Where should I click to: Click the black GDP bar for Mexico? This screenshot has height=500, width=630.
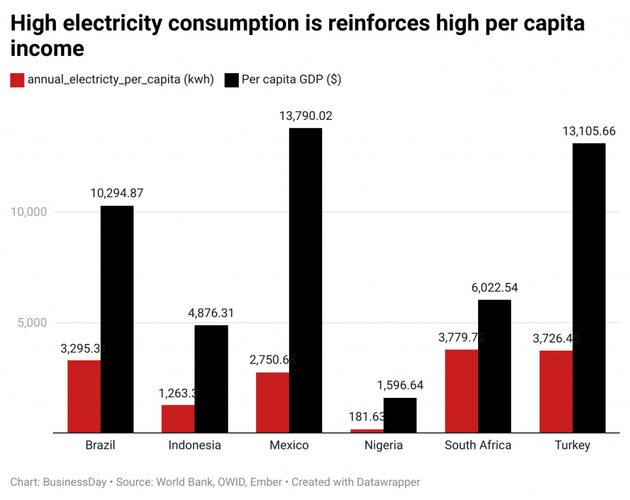pyautogui.click(x=305, y=280)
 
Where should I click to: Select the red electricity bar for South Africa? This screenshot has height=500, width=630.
pyautogui.click(x=461, y=391)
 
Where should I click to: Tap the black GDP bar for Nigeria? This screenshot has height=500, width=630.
pyautogui.click(x=400, y=415)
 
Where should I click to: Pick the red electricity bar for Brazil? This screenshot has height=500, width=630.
pyautogui.click(x=84, y=396)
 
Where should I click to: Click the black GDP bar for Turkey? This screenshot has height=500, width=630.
pyautogui.click(x=589, y=288)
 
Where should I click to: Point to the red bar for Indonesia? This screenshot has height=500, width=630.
pyautogui.click(x=178, y=418)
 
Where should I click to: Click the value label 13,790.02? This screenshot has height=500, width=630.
pyautogui.click(x=306, y=116)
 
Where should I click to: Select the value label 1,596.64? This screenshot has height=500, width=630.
pyautogui.click(x=400, y=386)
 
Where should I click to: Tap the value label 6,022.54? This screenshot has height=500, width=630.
pyautogui.click(x=494, y=288)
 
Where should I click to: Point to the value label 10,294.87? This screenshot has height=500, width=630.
pyautogui.click(x=117, y=193)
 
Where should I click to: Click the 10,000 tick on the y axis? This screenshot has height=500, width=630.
pyautogui.click(x=29, y=212)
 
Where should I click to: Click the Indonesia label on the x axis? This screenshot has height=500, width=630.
pyautogui.click(x=194, y=445)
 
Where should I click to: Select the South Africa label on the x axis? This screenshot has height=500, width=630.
pyautogui.click(x=478, y=445)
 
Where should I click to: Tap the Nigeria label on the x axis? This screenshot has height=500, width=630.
pyautogui.click(x=383, y=445)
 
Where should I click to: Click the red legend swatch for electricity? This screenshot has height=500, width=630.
pyautogui.click(x=17, y=80)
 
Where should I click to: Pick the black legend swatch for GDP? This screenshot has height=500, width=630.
pyautogui.click(x=231, y=80)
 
